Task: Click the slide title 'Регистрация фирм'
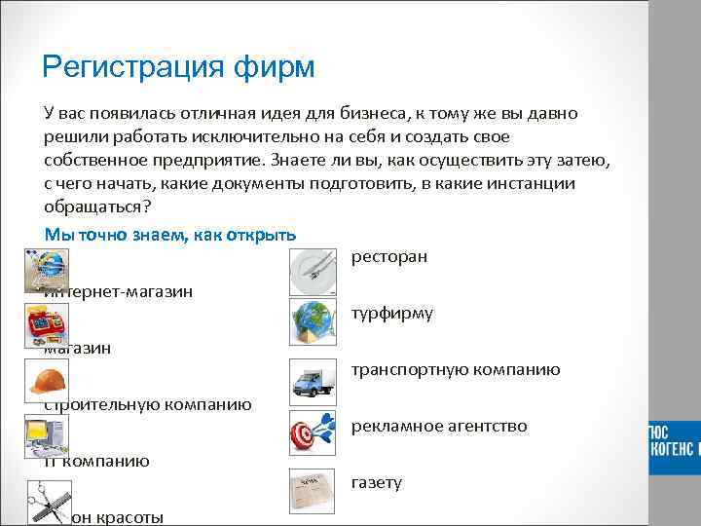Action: click(x=179, y=67)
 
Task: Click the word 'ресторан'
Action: click(x=388, y=257)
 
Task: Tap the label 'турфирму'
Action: click(x=391, y=314)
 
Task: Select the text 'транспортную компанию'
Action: click(x=455, y=369)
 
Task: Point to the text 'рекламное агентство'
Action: click(x=439, y=426)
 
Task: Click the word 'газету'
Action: click(x=376, y=482)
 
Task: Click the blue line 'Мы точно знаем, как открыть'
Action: click(x=170, y=235)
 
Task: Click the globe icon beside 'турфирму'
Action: click(x=314, y=320)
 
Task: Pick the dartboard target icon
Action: click(x=314, y=433)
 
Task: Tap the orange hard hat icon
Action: click(x=46, y=378)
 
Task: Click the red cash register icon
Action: click(x=46, y=321)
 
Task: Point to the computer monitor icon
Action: click(x=46, y=434)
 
